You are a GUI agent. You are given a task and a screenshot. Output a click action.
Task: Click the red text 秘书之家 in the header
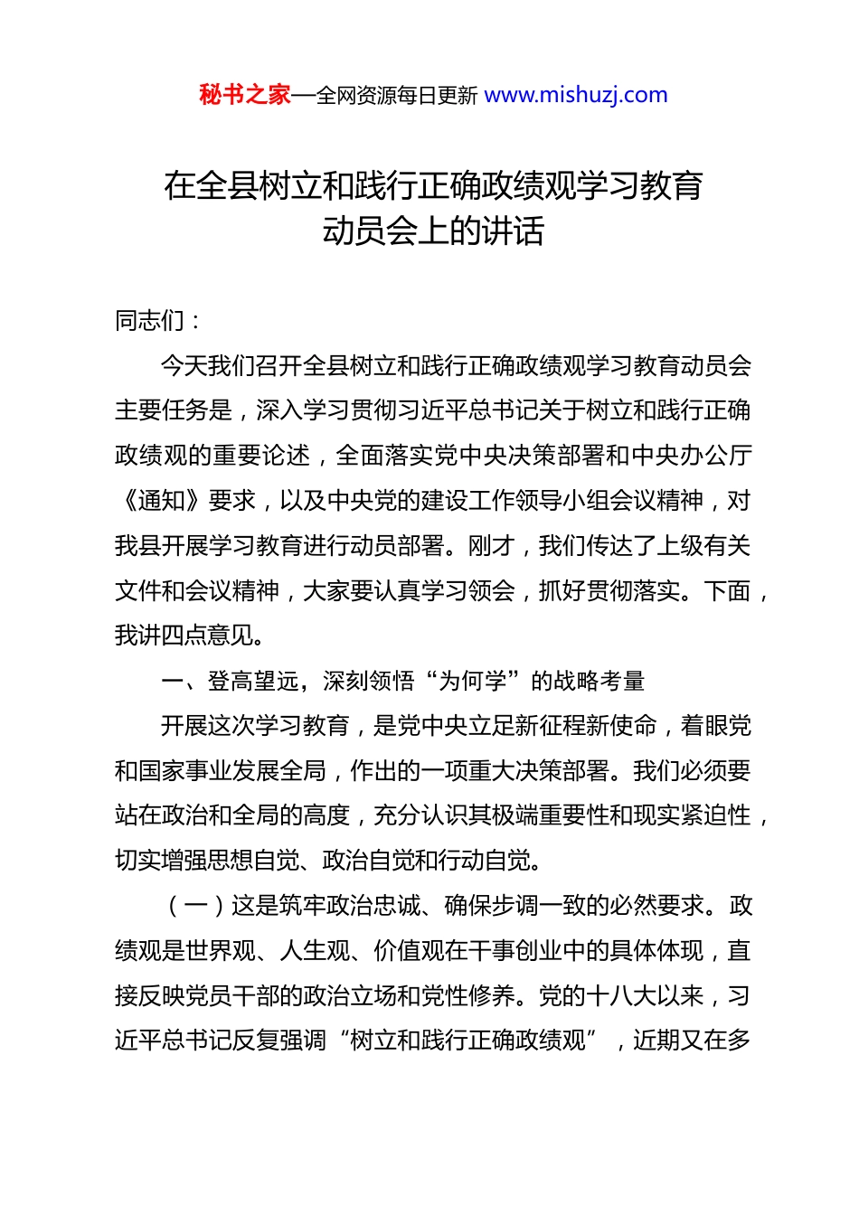244,95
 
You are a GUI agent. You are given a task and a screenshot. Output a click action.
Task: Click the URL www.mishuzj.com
576,95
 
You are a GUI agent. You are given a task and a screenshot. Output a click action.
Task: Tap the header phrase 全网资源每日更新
397,96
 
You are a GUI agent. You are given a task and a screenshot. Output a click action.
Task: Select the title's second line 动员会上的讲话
433,231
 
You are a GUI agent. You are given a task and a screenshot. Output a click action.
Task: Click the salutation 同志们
149,320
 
